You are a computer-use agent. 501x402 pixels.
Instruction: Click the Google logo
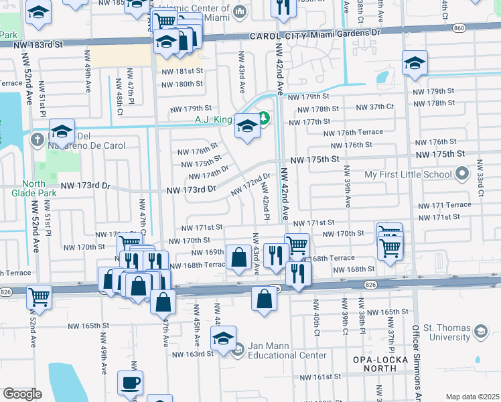(x=21, y=394)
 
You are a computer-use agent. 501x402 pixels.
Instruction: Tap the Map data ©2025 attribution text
(x=472, y=397)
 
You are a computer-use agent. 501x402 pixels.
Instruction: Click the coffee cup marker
(x=131, y=385)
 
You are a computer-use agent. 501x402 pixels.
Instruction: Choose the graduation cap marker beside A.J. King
(x=247, y=127)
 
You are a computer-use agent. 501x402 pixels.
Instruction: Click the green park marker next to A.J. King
(x=264, y=119)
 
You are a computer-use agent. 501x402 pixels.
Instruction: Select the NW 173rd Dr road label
(x=192, y=190)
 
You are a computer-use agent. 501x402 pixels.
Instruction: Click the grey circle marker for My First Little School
(x=461, y=175)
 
